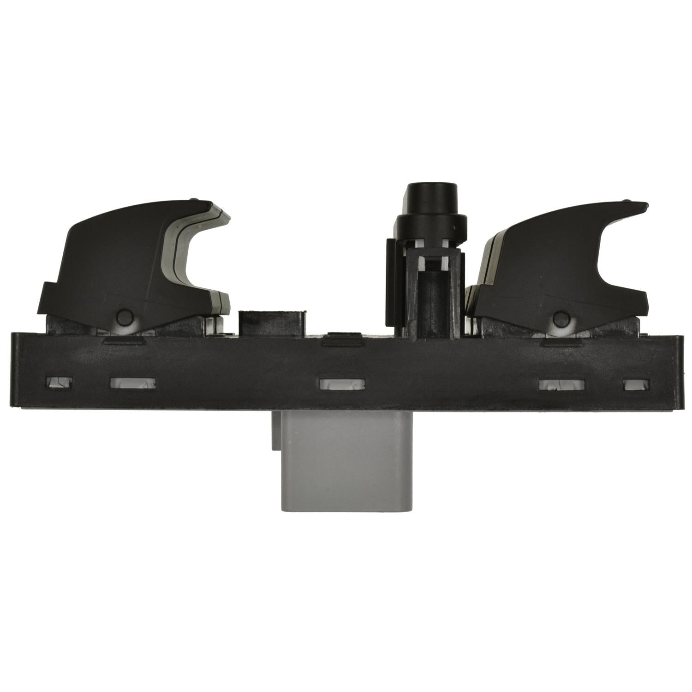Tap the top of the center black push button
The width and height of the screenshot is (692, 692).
(x=429, y=191)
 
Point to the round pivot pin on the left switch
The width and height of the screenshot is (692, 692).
(x=124, y=317)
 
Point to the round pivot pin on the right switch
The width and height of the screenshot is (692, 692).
(x=561, y=318)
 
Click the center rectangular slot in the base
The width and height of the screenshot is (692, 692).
(x=342, y=384)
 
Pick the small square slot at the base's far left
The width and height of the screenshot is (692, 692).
(x=60, y=382)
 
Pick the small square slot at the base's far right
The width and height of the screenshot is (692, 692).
(x=636, y=385)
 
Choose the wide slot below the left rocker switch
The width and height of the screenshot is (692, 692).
(x=132, y=383)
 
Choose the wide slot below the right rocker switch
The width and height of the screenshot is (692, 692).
(x=562, y=385)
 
